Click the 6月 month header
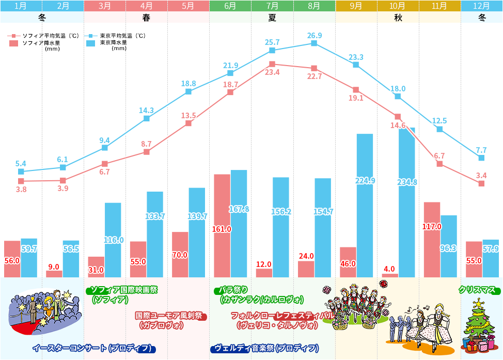pyautogui.click(x=230, y=6)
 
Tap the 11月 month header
pyautogui.click(x=439, y=6)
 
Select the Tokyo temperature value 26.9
pyautogui.click(x=314, y=36)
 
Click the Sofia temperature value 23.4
pyautogui.click(x=272, y=72)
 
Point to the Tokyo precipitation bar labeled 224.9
pyautogui.click(x=365, y=207)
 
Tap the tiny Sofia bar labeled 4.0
pyautogui.click(x=390, y=275)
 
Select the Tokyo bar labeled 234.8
pyautogui.click(x=407, y=207)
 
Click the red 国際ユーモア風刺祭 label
pyautogui.click(x=170, y=316)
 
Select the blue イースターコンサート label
pyautogui.click(x=93, y=348)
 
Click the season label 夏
pyautogui.click(x=272, y=17)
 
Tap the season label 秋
pyautogui.click(x=398, y=17)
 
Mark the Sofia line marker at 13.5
pyautogui.click(x=188, y=123)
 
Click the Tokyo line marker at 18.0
pyautogui.click(x=398, y=96)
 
